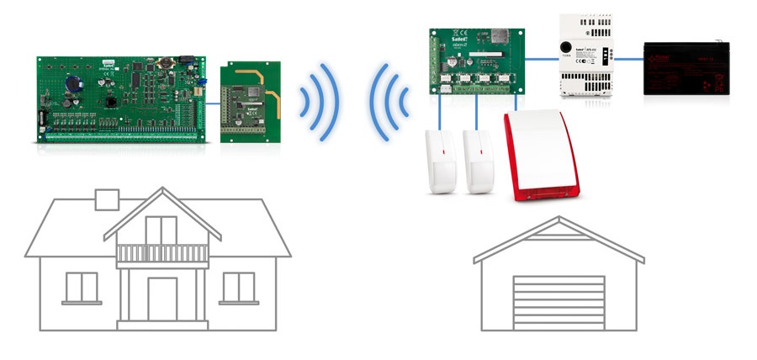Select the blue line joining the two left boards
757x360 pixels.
click(212, 103)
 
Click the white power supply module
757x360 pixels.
click(586, 59)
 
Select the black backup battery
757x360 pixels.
click(686, 71)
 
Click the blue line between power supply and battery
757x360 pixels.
click(628, 60)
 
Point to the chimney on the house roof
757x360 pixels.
click(107, 199)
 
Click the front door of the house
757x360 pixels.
click(162, 299)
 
